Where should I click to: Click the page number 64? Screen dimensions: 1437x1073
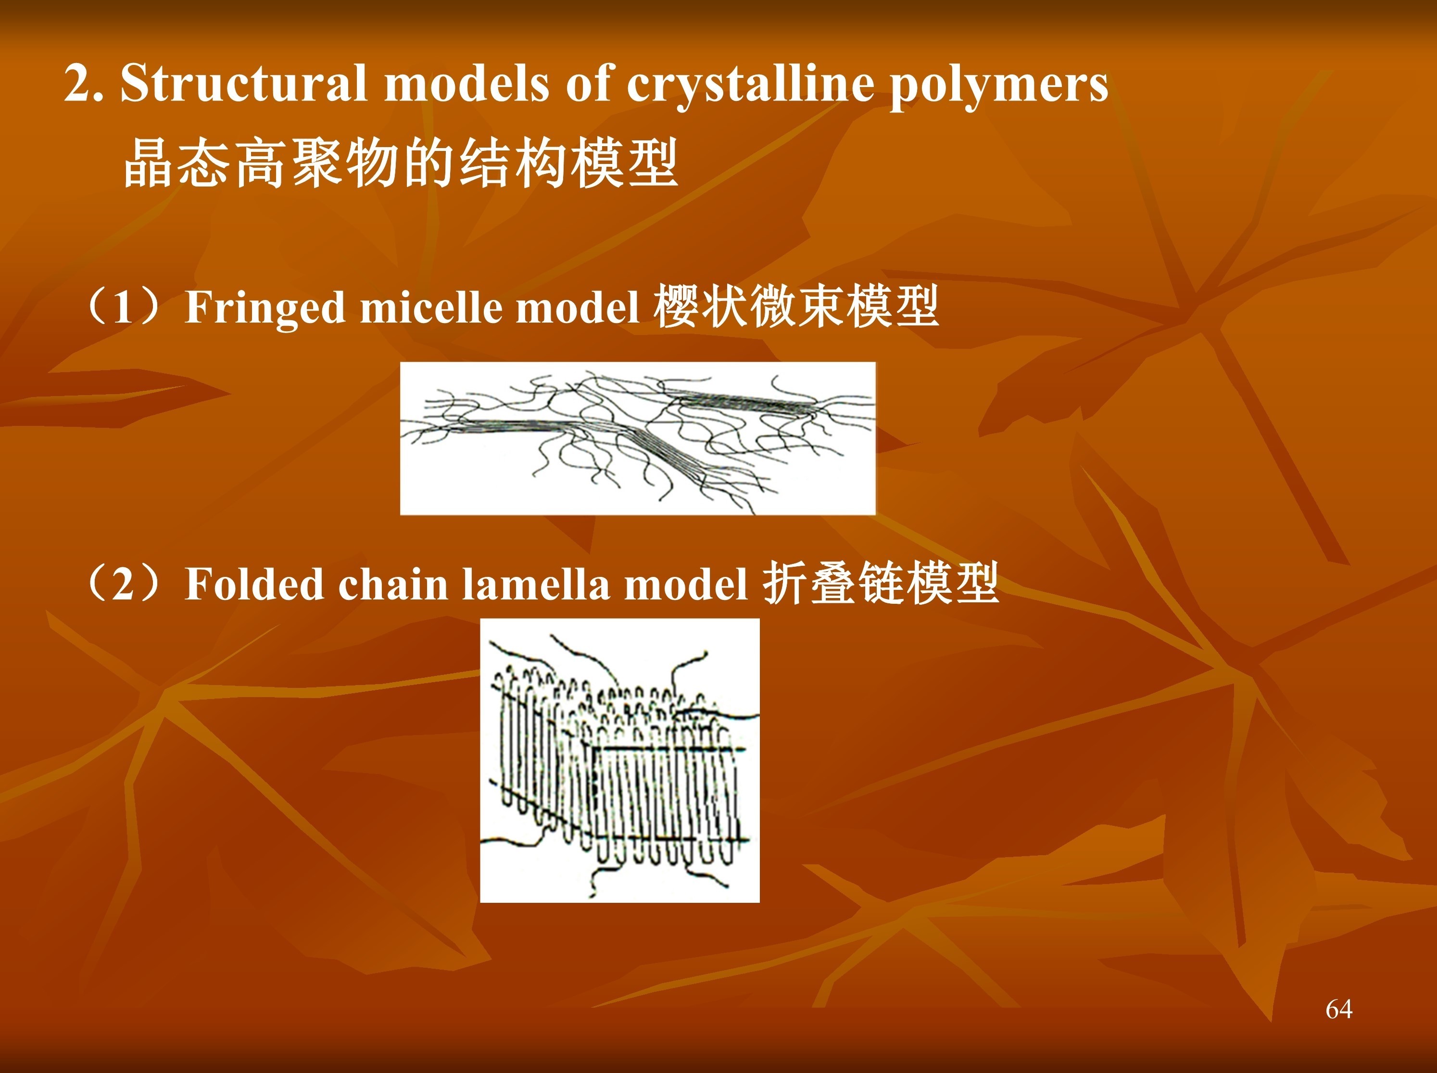pyautogui.click(x=1339, y=1009)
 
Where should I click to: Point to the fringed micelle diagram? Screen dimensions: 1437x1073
pyautogui.click(x=638, y=438)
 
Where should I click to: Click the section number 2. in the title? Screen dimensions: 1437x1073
pyautogui.click(x=84, y=85)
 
